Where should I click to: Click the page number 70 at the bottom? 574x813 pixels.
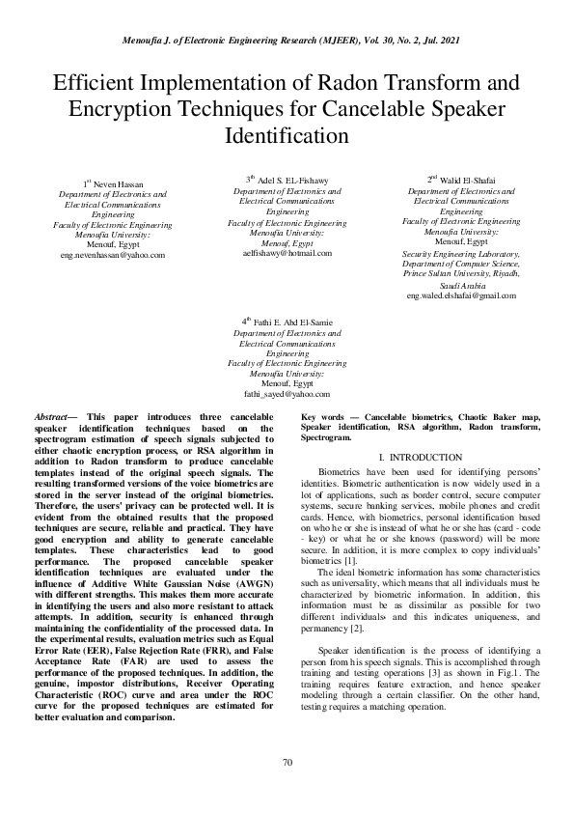(287, 764)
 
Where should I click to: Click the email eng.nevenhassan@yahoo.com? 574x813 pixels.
(112, 255)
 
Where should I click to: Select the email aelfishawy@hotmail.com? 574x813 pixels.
(287, 252)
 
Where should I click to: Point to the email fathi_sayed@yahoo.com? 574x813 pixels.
(287, 394)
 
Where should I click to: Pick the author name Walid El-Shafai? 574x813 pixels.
(465, 180)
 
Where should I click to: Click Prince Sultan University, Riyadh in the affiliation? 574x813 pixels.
(462, 273)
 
